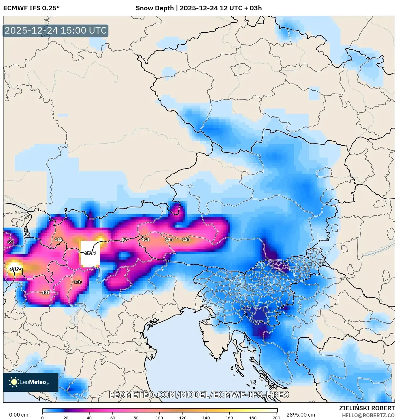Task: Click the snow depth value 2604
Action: (x=90, y=253)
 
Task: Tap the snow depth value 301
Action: (x=14, y=269)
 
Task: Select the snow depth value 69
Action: (x=10, y=242)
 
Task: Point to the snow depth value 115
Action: (x=58, y=239)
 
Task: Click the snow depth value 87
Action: (x=124, y=239)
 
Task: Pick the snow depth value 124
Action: (x=186, y=239)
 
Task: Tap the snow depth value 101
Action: (x=46, y=292)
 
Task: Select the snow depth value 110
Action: (x=78, y=282)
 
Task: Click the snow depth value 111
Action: (x=146, y=239)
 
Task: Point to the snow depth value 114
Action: (x=169, y=239)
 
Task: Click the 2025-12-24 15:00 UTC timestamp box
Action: (x=56, y=30)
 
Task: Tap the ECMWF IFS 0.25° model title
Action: (x=31, y=8)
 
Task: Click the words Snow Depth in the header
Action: (x=155, y=8)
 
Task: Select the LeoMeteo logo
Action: (x=31, y=382)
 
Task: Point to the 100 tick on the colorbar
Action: (x=159, y=418)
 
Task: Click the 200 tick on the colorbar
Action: (x=276, y=418)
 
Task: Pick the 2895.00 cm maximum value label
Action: (x=300, y=415)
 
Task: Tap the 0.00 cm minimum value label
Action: (x=19, y=415)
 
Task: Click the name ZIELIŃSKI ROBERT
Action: (x=367, y=408)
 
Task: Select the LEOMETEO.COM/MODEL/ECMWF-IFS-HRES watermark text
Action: (x=199, y=395)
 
